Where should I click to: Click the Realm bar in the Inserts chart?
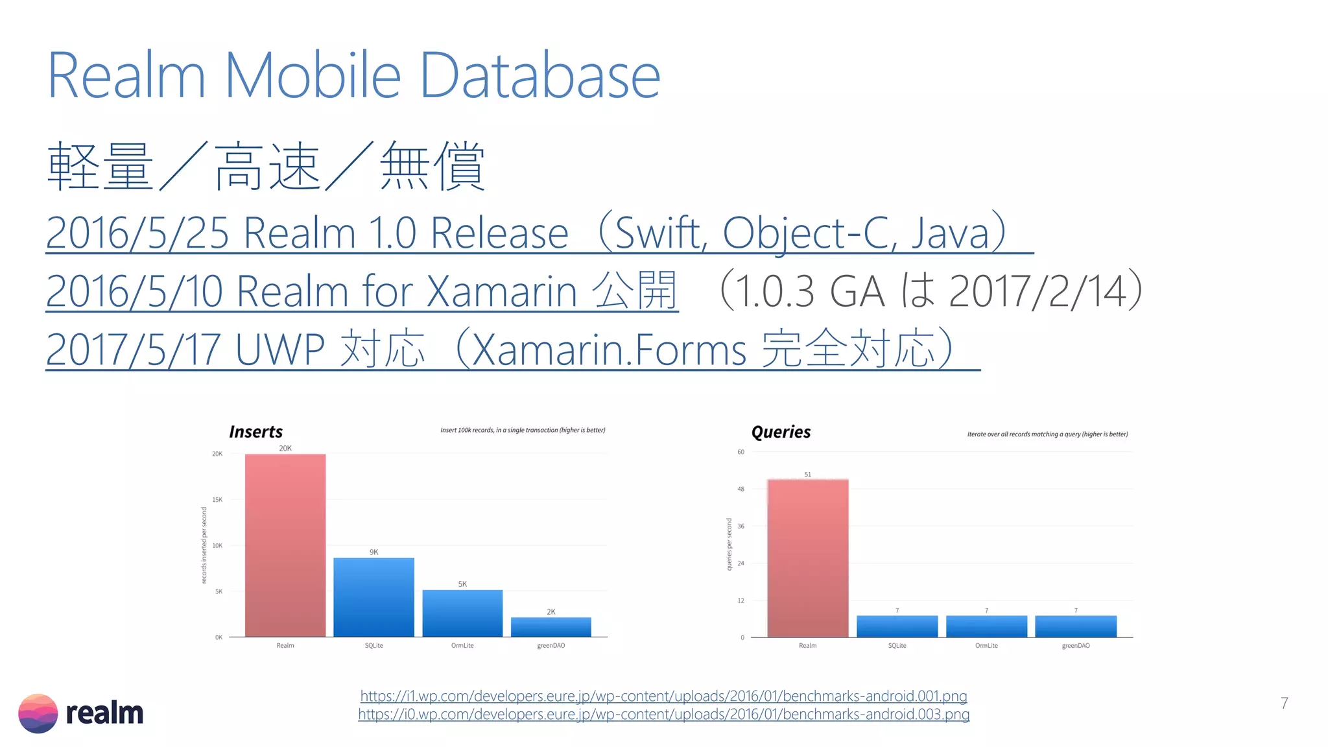click(285, 545)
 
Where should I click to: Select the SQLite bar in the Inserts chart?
click(373, 597)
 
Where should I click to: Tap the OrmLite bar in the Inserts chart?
click(462, 613)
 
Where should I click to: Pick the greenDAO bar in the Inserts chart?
click(551, 626)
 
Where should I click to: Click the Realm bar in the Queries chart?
click(807, 558)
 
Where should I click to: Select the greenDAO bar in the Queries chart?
click(1076, 626)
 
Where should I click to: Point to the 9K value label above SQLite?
click(373, 552)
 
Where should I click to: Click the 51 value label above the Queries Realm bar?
click(807, 475)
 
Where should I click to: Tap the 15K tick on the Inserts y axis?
click(217, 499)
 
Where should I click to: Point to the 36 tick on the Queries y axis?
click(741, 526)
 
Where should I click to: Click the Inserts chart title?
click(255, 432)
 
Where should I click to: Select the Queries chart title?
click(781, 432)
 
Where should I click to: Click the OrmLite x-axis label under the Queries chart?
click(986, 646)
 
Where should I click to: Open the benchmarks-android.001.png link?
click(663, 696)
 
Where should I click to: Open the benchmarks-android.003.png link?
click(663, 714)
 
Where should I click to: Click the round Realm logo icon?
click(38, 713)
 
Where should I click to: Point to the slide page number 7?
click(1284, 703)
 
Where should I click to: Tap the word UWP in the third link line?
click(279, 350)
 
